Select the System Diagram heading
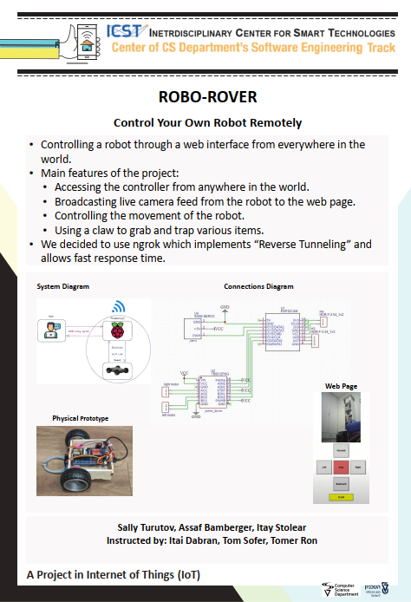[x=62, y=286]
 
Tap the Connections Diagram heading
[x=258, y=286]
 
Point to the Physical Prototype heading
[x=81, y=418]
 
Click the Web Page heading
[x=341, y=385]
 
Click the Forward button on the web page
[x=342, y=451]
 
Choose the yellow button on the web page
[x=341, y=497]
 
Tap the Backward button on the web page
[x=342, y=482]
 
